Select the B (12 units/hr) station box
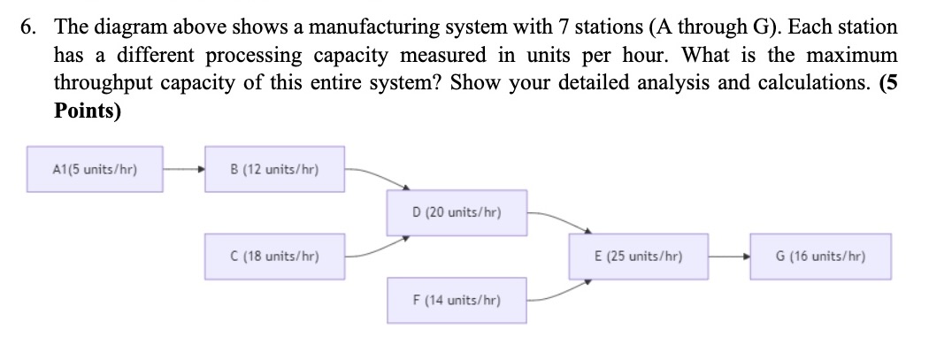(x=274, y=169)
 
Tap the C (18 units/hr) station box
(x=274, y=256)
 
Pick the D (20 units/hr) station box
(x=457, y=212)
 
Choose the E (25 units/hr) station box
(x=638, y=256)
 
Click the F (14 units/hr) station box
(x=457, y=300)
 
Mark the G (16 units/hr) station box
(x=819, y=256)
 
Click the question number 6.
(x=30, y=27)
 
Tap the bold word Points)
(x=88, y=112)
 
